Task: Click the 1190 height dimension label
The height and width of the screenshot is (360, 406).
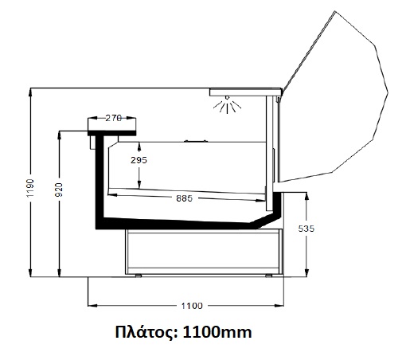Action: (30, 188)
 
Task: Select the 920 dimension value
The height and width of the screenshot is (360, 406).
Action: (59, 190)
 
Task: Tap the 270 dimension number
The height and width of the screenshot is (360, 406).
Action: (114, 118)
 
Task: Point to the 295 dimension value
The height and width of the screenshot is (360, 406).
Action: (139, 160)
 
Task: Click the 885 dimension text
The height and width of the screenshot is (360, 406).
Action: (184, 198)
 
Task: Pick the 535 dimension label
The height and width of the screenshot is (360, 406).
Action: (306, 229)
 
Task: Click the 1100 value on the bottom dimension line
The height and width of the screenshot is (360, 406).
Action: (192, 306)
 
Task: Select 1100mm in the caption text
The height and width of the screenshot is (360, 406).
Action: (217, 332)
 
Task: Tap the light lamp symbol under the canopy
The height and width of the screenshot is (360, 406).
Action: (227, 104)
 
